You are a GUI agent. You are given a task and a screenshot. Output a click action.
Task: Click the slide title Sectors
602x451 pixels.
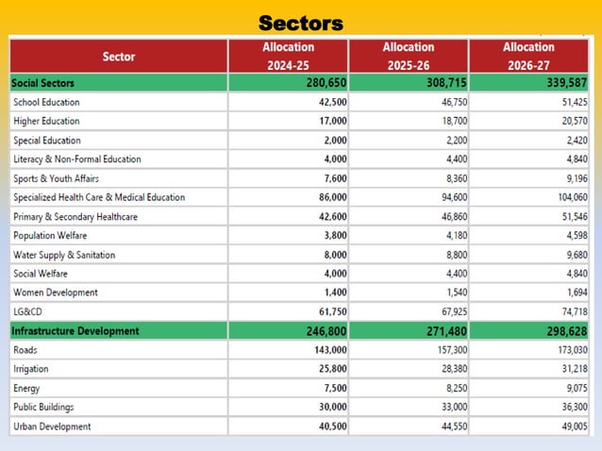pyautogui.click(x=301, y=23)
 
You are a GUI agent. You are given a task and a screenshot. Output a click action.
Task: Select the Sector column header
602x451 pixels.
pyautogui.click(x=119, y=57)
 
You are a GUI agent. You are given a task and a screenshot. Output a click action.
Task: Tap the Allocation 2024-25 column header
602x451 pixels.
pyautogui.click(x=289, y=57)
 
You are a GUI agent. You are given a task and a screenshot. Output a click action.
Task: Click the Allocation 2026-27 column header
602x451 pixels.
pyautogui.click(x=528, y=57)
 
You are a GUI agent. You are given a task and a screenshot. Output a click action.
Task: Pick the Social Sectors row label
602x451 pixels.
pyautogui.click(x=43, y=83)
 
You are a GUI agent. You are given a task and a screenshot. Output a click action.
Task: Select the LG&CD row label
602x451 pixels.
pyautogui.click(x=29, y=311)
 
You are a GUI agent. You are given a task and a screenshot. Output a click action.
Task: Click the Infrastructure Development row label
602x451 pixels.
pyautogui.click(x=75, y=331)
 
